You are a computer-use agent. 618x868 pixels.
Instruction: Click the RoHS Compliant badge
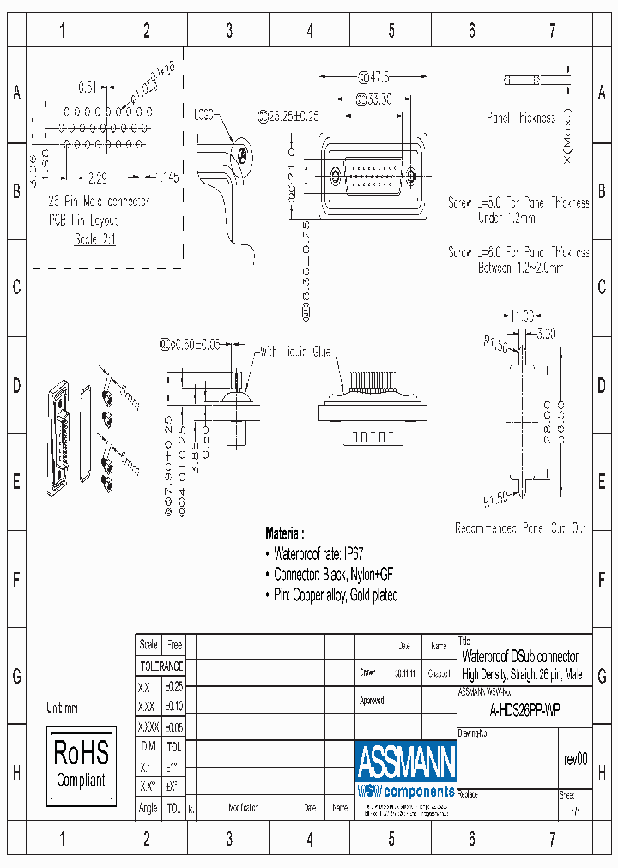(x=81, y=763)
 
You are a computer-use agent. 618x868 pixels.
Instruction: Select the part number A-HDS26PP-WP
(x=524, y=710)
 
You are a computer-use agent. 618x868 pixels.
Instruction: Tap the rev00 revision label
(x=575, y=759)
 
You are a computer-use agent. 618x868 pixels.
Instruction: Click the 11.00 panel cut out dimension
(x=523, y=314)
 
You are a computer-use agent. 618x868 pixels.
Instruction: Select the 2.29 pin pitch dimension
(x=97, y=178)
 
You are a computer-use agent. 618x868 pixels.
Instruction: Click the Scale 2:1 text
(x=94, y=239)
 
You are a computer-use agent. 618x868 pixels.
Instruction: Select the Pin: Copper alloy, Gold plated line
(x=335, y=594)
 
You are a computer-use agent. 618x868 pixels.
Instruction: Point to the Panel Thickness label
(x=520, y=118)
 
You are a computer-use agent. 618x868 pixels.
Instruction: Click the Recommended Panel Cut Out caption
(x=520, y=528)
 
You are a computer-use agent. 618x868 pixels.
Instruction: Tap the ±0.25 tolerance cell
(x=173, y=687)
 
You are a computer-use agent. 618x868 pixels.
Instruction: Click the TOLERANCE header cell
(x=161, y=666)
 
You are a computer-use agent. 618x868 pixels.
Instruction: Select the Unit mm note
(x=63, y=708)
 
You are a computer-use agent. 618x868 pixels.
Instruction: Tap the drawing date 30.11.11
(x=405, y=674)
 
